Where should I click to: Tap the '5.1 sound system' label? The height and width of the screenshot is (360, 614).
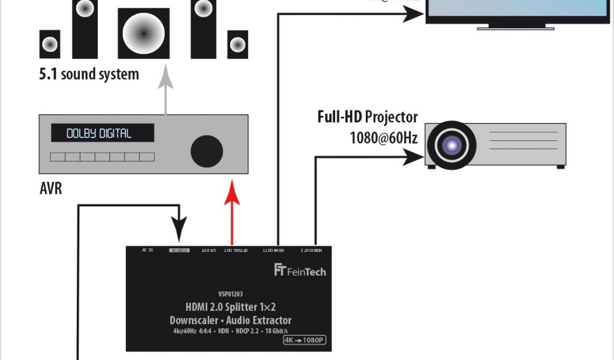click(89, 74)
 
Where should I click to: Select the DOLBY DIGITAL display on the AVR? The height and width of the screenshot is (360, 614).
click(102, 133)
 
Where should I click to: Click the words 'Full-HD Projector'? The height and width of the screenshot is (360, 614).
click(368, 116)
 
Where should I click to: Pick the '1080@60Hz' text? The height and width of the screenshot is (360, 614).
click(384, 138)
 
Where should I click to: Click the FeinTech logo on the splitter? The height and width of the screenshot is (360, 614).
click(299, 271)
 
